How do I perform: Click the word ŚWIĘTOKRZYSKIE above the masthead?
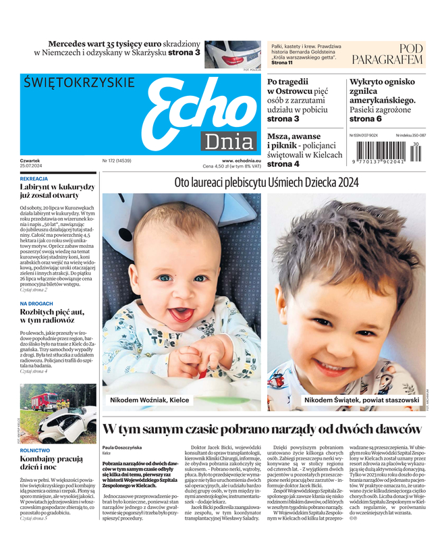(79, 82)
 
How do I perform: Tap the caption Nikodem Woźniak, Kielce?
(149, 400)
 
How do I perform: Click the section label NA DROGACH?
(36, 304)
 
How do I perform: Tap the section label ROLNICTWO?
(35, 450)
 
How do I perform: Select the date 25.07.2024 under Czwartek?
(32, 166)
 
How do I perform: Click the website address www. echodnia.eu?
(241, 161)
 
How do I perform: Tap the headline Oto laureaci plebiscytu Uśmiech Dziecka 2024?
(266, 182)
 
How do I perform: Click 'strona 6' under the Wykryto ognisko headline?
(365, 119)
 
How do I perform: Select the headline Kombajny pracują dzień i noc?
(51, 463)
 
